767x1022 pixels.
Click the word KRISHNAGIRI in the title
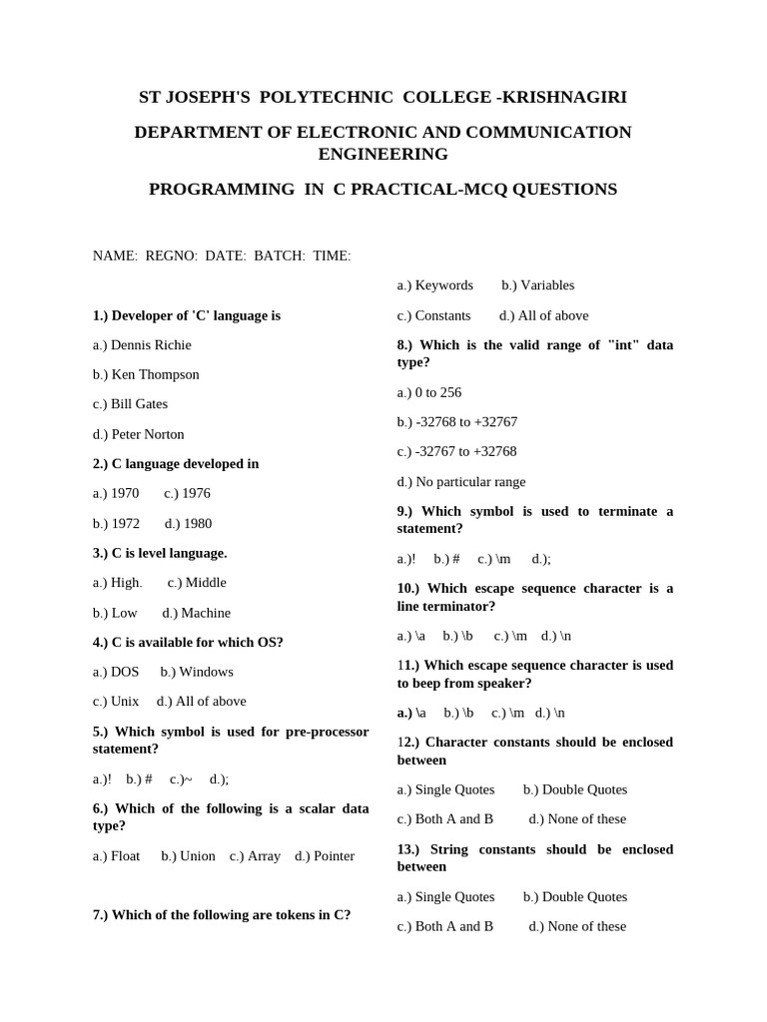coord(565,97)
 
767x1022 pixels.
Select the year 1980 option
coord(189,523)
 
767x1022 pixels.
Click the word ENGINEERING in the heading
coord(383,154)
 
